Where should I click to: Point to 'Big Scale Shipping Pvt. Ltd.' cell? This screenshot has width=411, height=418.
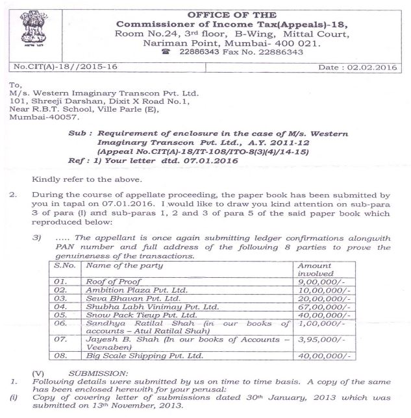(x=143, y=356)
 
